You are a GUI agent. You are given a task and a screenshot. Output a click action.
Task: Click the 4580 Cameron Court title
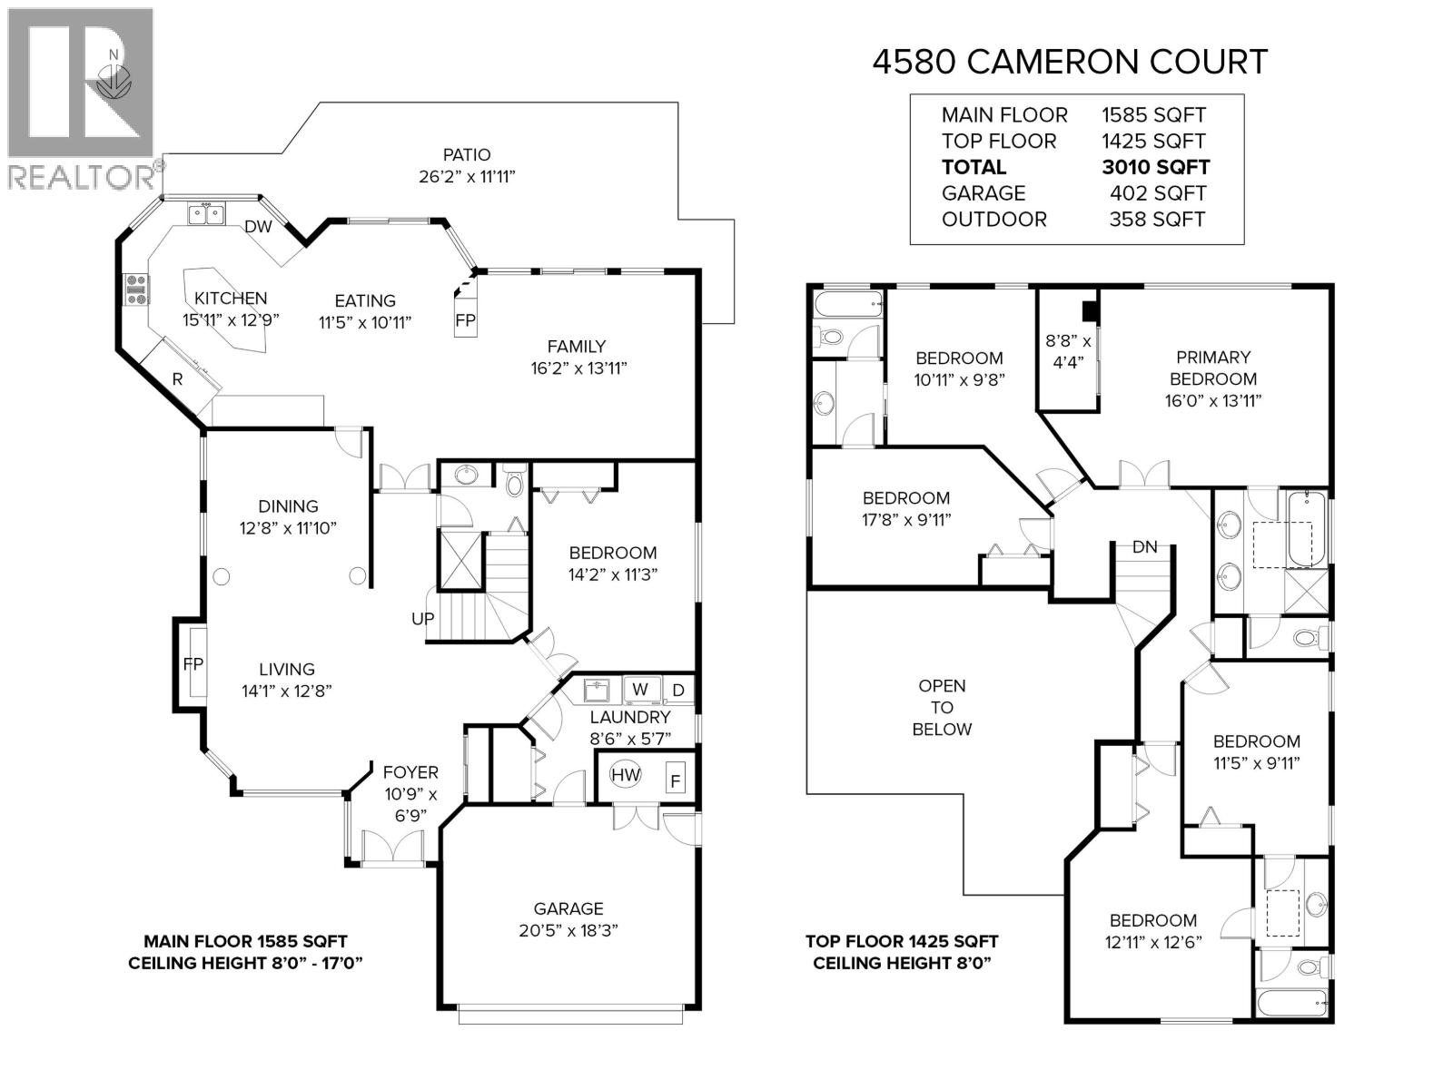point(1069,62)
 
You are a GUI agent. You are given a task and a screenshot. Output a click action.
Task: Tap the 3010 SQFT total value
point(1155,167)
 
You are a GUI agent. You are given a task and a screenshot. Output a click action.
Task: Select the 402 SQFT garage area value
point(1157,193)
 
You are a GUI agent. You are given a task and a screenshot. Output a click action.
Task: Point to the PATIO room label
point(467,155)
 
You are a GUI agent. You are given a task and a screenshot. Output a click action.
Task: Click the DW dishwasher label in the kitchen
point(258,227)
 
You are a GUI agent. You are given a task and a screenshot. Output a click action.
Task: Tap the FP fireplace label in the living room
point(193,664)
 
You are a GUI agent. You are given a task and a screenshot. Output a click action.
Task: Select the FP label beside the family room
point(465,320)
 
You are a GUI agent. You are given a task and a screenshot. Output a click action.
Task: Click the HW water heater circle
point(625,775)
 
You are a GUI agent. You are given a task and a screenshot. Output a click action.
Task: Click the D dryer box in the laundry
point(678,691)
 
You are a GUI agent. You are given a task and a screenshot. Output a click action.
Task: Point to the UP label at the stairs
point(423,619)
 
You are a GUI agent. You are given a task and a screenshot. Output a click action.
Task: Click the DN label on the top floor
point(1144,547)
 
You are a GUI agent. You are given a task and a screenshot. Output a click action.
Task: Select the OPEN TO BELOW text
point(942,708)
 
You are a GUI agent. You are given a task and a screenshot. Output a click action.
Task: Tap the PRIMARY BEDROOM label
point(1212,368)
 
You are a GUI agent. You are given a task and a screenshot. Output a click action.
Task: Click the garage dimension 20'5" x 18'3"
point(568,930)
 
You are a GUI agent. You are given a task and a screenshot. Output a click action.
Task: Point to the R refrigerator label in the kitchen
point(178,380)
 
